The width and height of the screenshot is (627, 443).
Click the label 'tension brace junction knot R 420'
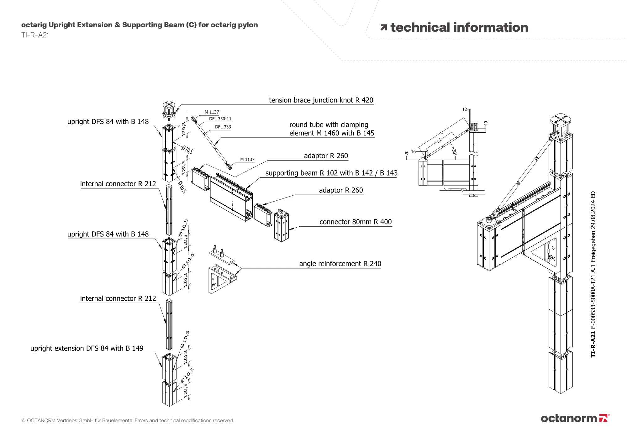coord(321,100)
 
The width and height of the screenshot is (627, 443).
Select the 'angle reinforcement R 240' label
coord(340,264)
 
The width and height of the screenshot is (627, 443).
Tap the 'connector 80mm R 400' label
coord(356,222)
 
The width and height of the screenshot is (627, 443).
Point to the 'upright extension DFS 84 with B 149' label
coord(87,348)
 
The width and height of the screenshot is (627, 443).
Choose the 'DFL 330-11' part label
coord(220,119)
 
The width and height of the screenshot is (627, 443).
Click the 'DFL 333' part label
coord(223,127)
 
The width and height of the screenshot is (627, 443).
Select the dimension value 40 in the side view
coord(486,124)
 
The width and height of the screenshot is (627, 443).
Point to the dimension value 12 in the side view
coord(465,109)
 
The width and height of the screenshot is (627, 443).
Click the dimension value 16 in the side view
coord(413,152)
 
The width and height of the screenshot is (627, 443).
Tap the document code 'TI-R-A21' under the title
coord(35,35)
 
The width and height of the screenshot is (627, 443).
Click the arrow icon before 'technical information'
coord(383,28)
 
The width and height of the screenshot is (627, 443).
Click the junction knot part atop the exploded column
coord(169,110)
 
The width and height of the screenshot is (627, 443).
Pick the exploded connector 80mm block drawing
coord(282,226)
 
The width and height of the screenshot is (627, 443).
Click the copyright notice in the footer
coord(127,420)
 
